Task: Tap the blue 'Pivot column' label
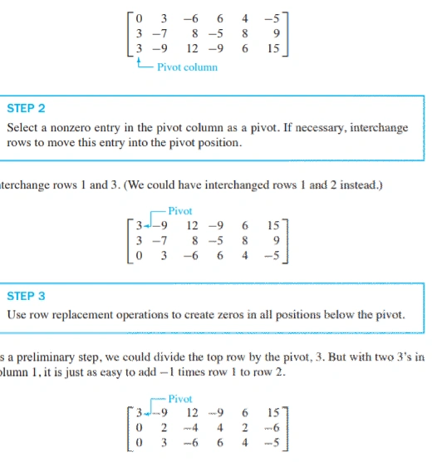pos(187,67)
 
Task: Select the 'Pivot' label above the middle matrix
pos(179,211)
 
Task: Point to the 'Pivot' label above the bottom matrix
pos(179,399)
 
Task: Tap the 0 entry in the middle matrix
pos(140,255)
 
